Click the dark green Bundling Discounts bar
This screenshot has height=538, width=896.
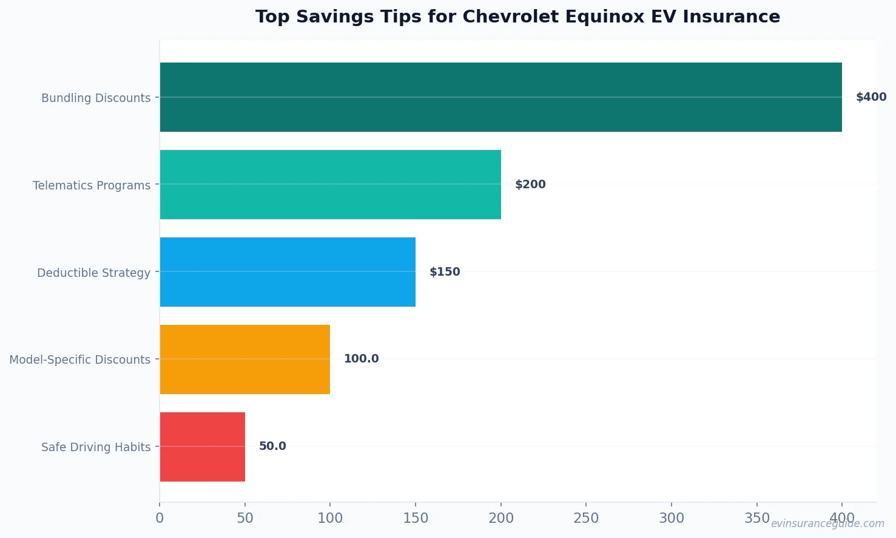point(500,97)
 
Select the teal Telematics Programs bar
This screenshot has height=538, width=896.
point(330,185)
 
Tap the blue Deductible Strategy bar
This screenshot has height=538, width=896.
point(288,272)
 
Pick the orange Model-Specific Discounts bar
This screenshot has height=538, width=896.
point(245,359)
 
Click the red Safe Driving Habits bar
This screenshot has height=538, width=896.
point(202,447)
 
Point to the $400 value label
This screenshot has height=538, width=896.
point(871,97)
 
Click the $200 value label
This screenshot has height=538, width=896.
point(530,185)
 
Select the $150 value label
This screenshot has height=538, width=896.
point(445,272)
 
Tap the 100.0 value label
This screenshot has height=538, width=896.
point(361,359)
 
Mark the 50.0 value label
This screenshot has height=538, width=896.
point(272,446)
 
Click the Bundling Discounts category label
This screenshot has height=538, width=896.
point(96,98)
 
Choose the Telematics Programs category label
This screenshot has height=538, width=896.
point(92,185)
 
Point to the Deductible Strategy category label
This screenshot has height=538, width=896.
point(93,273)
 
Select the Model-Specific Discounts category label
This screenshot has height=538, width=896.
point(79,359)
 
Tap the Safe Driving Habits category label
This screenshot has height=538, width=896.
point(96,447)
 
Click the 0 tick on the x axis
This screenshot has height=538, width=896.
point(160,518)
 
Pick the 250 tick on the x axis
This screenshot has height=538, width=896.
point(586,518)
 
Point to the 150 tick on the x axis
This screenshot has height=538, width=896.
point(416,518)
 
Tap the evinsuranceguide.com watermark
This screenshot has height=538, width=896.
point(827,523)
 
